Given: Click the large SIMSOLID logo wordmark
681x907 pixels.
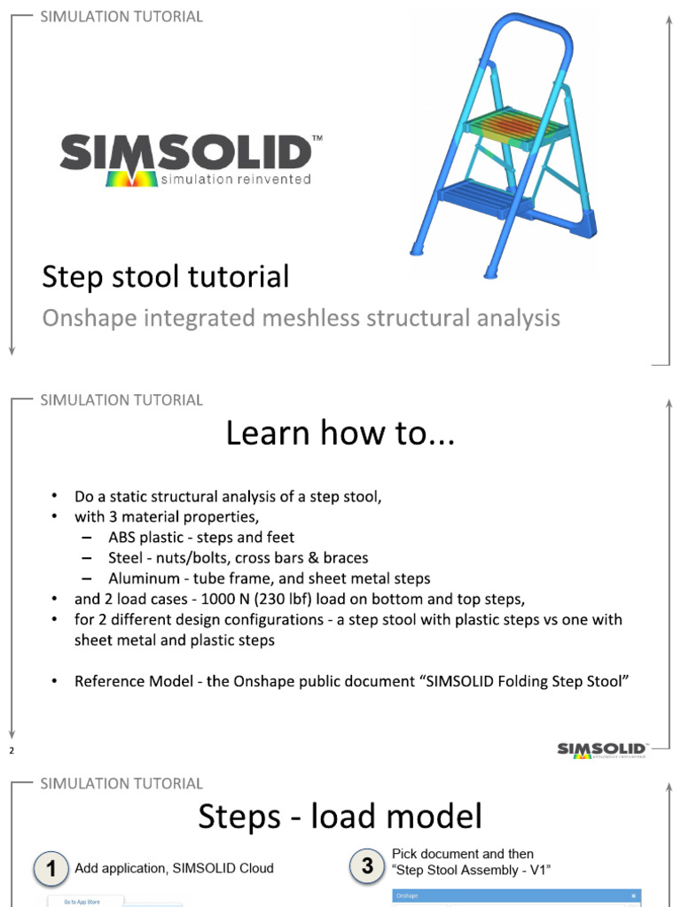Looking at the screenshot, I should tap(185, 154).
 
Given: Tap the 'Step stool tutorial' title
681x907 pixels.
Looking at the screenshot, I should tap(165, 277).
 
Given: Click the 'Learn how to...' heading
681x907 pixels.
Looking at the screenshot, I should tap(340, 434).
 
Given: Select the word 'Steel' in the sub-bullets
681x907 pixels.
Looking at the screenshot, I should tap(125, 558).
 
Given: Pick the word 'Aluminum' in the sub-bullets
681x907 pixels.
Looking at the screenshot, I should tap(140, 578).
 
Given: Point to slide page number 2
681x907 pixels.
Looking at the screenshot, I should tap(12, 751).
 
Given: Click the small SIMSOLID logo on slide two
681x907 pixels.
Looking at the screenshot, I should tap(603, 750).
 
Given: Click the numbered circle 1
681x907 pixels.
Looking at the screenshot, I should tap(52, 869).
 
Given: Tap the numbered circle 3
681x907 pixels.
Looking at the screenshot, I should tap(367, 865).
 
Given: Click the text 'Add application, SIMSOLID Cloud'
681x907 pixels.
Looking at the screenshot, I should tap(175, 869).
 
